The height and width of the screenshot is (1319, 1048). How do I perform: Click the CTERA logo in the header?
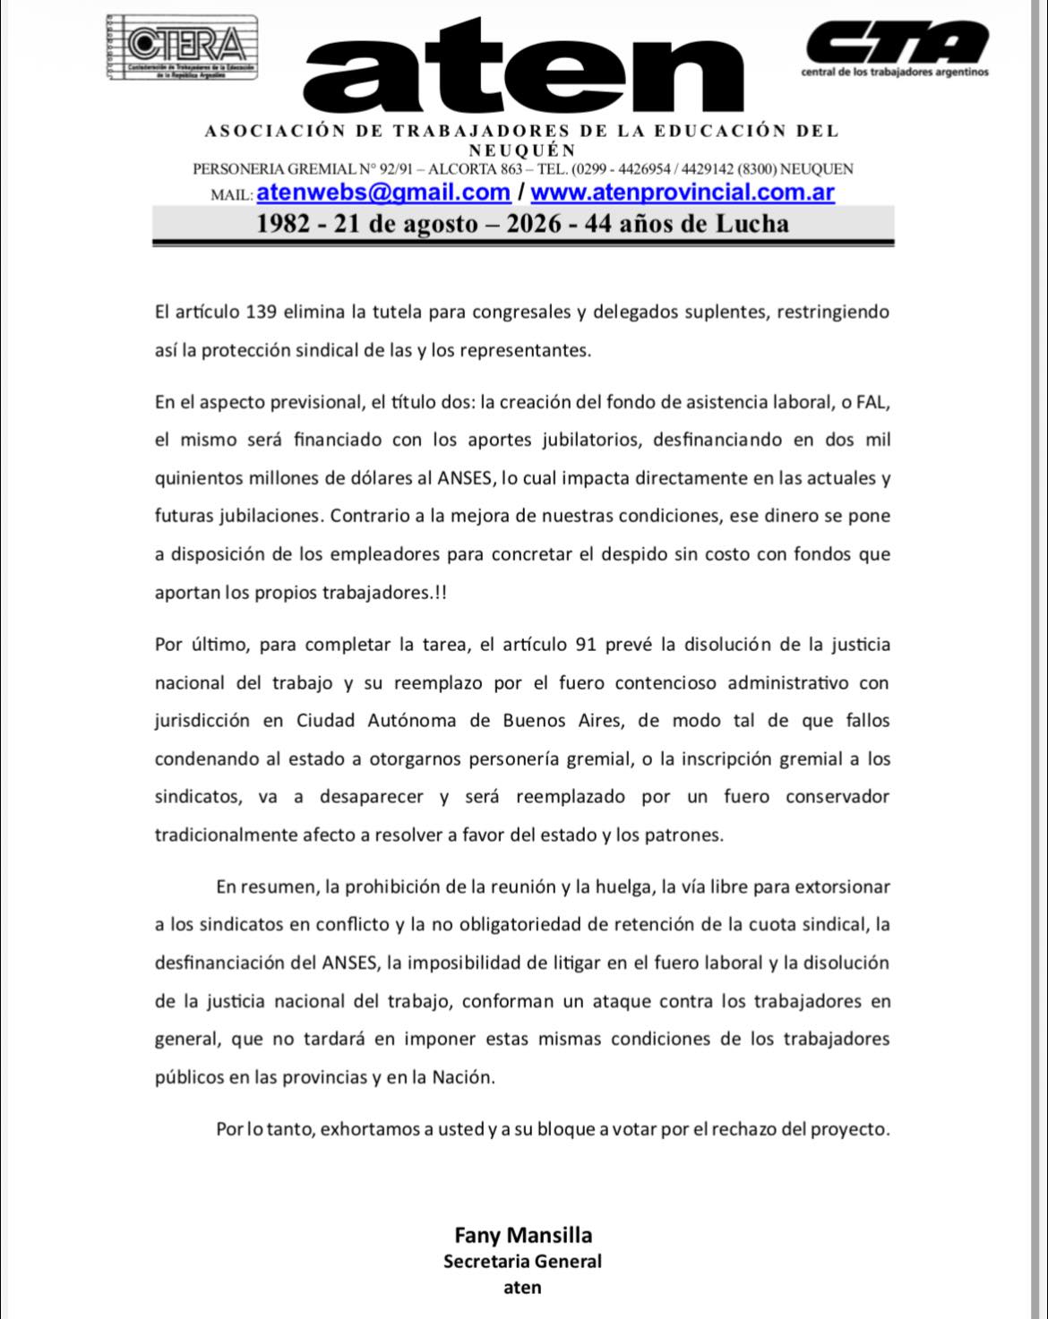pos(181,47)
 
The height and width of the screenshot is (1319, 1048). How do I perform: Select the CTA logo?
pos(896,45)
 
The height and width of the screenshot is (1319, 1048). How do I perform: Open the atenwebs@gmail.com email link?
pos(383,193)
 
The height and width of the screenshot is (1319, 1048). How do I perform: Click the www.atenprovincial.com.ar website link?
pos(683,193)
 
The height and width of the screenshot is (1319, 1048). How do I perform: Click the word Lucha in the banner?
pos(752,223)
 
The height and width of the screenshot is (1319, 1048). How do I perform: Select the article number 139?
pos(260,313)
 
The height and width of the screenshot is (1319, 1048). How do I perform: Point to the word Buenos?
pos(535,721)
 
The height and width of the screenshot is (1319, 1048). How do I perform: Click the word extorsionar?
pos(840,887)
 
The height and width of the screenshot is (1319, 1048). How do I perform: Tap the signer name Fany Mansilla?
pos(523,1236)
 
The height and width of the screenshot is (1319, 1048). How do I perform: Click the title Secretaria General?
pos(523,1262)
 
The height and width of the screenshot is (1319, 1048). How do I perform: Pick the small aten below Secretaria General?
pos(523,1288)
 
